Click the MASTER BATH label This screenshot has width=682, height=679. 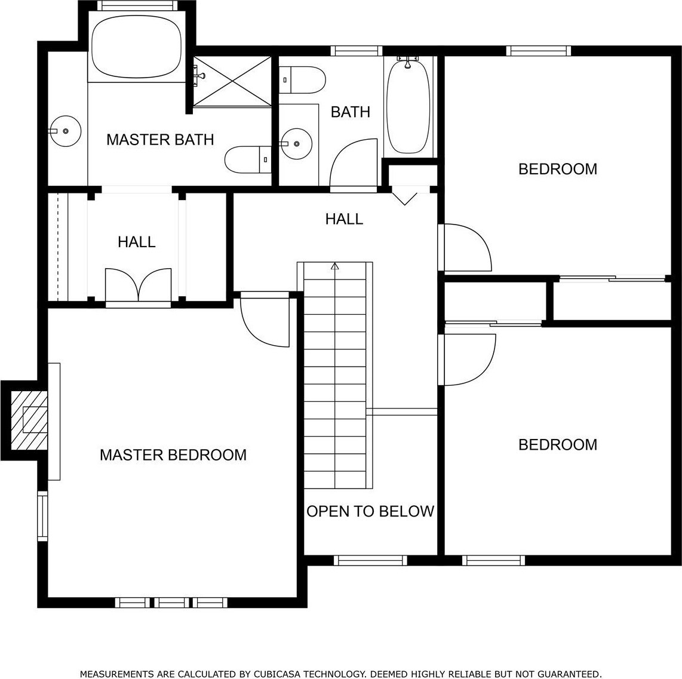point(160,140)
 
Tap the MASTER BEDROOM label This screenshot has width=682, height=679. point(173,455)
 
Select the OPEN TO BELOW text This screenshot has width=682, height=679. point(370,511)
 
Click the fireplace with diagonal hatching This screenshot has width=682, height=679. point(29,420)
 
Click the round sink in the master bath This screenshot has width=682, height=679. point(65,131)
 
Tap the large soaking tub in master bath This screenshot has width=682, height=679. point(137,47)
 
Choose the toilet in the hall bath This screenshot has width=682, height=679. point(302,79)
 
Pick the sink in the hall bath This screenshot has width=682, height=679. point(296,143)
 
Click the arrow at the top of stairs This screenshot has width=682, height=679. point(335,266)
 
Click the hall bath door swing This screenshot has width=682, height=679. point(353,162)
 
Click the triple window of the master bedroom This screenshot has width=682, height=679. point(171,603)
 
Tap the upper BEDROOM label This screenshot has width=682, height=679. point(558,169)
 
